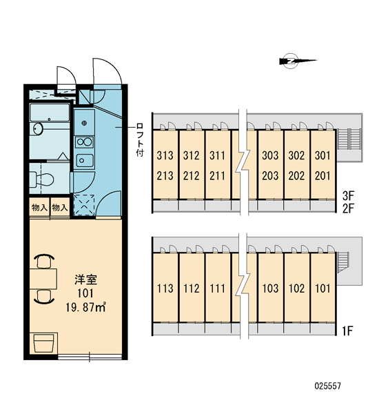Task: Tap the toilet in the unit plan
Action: click(x=41, y=179)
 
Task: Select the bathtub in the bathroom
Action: click(x=50, y=112)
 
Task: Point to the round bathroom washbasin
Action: click(x=38, y=129)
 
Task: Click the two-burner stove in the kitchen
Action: click(x=84, y=142)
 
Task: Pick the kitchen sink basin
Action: click(x=85, y=160)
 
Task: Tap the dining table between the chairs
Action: click(x=43, y=279)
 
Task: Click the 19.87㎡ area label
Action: click(x=86, y=308)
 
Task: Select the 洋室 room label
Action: click(x=85, y=280)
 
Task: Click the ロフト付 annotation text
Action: click(x=141, y=139)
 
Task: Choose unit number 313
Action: click(x=165, y=155)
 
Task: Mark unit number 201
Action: click(x=322, y=176)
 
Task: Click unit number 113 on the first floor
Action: click(x=165, y=288)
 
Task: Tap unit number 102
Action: click(x=297, y=288)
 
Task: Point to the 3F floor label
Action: click(x=348, y=196)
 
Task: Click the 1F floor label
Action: click(x=347, y=331)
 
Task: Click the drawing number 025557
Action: click(x=328, y=386)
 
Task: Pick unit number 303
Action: click(x=270, y=155)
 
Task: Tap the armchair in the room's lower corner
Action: click(x=43, y=343)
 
